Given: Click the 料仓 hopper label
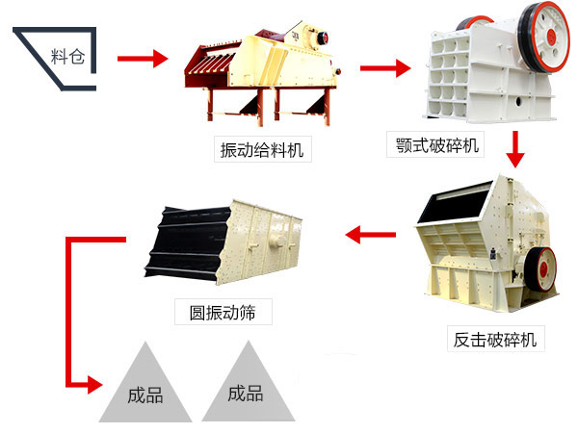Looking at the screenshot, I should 66,54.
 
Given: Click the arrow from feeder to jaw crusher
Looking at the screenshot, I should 384,68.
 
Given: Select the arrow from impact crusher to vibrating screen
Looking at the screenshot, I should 371,233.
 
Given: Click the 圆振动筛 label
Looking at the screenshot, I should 223,312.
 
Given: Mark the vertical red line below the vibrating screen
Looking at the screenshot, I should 68,308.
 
